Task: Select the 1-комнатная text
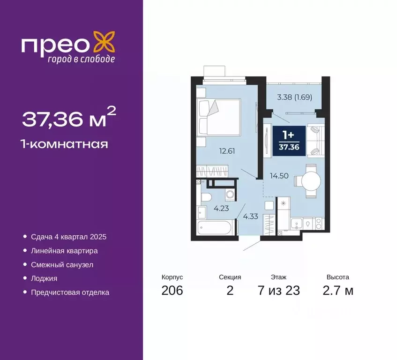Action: [65, 144]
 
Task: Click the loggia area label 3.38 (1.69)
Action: [294, 97]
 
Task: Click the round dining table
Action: [310, 180]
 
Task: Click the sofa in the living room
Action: [315, 139]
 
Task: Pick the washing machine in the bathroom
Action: [230, 194]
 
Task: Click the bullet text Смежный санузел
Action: [62, 265]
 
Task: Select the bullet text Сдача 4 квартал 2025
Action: [72, 237]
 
